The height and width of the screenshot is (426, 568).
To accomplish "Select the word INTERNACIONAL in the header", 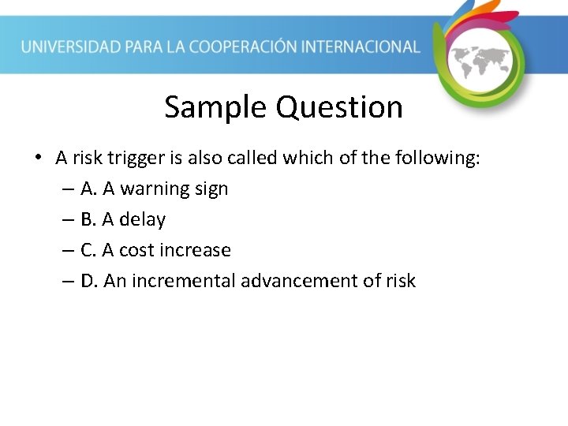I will [x=368, y=47].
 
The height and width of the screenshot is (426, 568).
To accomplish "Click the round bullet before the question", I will [x=38, y=159].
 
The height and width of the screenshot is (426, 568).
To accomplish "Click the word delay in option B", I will [x=142, y=220].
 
